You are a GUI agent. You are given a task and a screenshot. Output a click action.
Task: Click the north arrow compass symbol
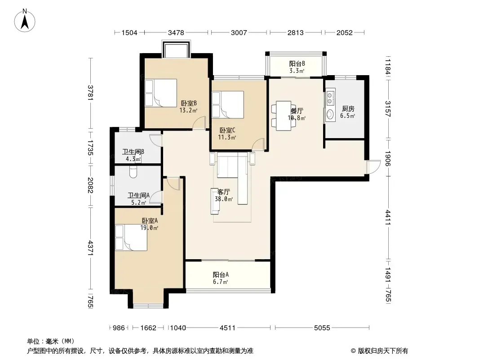pos(25,21)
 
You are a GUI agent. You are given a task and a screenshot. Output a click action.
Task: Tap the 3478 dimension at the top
pos(176,32)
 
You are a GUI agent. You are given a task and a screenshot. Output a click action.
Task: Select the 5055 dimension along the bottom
pos(322,328)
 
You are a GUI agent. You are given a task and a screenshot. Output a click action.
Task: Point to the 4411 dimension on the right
pos(388,217)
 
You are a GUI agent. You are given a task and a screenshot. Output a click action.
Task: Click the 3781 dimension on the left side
pos(90,92)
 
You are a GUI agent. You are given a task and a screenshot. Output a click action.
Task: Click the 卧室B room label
pos(188,103)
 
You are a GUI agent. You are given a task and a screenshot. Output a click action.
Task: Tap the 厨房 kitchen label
pos(348,108)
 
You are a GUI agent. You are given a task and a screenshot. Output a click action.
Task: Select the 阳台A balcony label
pos(221,274)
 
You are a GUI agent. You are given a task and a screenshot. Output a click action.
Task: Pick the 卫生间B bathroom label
pos(133,152)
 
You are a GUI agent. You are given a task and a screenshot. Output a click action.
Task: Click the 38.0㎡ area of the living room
pos(224,199)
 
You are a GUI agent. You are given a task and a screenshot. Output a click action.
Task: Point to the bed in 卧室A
pos(131,238)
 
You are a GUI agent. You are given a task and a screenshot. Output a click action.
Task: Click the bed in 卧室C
pos(228,104)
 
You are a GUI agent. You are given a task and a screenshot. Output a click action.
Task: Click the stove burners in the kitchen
pos(330,97)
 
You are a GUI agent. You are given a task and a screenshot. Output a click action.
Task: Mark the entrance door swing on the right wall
pos(373,167)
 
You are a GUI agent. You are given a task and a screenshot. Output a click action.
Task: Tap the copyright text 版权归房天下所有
pos(383,351)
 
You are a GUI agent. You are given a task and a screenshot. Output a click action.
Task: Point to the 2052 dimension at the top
pos(344,32)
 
